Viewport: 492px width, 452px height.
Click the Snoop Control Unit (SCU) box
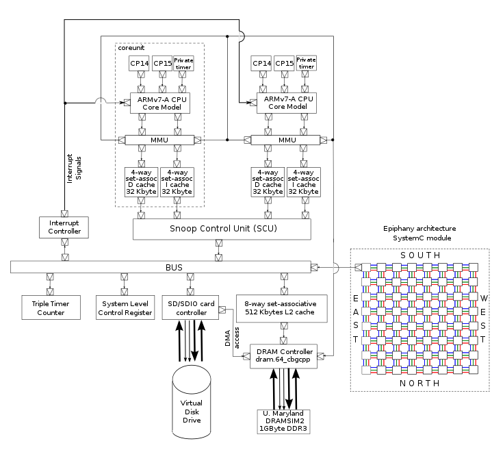(222, 229)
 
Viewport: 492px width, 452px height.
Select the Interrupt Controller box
(64, 227)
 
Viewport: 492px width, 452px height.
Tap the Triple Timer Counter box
(51, 307)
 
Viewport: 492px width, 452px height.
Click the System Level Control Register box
(125, 307)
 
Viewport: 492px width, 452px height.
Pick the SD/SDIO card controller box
(190, 307)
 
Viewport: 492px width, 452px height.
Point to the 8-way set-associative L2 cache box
(281, 308)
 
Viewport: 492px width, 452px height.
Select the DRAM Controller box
(284, 356)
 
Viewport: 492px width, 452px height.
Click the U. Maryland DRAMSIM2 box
(284, 422)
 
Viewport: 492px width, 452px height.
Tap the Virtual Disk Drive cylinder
(192, 402)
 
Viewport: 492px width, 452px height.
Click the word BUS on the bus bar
(174, 267)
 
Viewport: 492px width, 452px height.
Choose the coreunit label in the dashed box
(131, 48)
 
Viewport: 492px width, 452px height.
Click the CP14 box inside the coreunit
(139, 64)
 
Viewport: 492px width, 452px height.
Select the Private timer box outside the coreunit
(307, 63)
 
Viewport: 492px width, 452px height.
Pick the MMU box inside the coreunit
(159, 140)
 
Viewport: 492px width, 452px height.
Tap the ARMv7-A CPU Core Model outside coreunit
(287, 103)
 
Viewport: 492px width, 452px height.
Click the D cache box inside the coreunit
(142, 182)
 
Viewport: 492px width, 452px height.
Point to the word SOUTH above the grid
(420, 255)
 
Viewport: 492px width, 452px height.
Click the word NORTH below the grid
(420, 384)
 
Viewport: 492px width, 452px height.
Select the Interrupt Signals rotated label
(74, 168)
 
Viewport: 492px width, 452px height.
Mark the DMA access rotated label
(232, 338)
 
